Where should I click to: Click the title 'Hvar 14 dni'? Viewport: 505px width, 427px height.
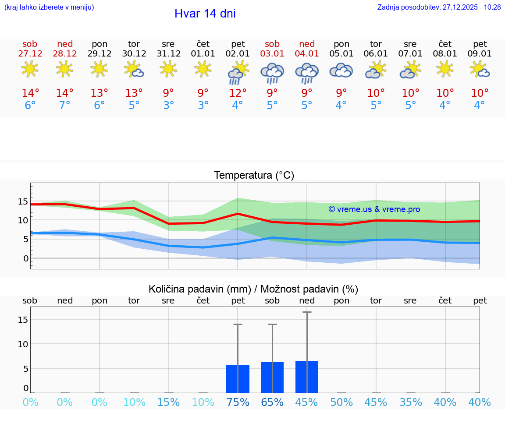[205, 14]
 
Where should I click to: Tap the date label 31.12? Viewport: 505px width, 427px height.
[168, 54]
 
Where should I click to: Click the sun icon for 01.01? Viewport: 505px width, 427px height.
[203, 69]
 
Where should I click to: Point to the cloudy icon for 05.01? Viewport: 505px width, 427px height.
[341, 70]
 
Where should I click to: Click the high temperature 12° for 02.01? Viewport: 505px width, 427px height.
[238, 93]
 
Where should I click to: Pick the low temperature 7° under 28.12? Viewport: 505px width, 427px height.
[64, 106]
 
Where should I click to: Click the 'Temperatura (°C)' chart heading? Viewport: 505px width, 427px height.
[254, 176]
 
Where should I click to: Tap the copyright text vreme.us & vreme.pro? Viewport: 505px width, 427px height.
[374, 209]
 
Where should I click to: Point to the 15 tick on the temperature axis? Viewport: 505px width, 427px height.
[23, 202]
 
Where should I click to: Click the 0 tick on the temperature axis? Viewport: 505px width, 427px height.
[25, 258]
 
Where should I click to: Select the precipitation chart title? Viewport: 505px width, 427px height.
[253, 289]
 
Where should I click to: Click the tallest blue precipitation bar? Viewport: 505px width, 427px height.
[307, 377]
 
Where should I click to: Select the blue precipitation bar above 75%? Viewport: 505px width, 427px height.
[238, 379]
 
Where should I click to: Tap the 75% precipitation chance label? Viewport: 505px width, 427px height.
[238, 402]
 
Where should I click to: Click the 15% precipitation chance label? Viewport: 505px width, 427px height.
[168, 402]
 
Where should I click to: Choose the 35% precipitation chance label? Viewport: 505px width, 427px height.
[410, 402]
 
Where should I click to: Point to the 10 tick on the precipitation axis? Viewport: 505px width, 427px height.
[23, 344]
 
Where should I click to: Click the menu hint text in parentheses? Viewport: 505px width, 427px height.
[49, 7]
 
